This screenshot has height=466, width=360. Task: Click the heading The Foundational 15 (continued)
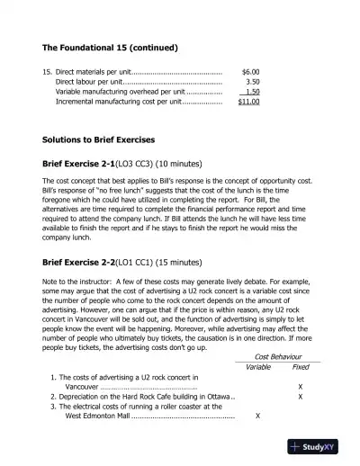(x=109, y=47)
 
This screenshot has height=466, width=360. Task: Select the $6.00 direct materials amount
(x=250, y=70)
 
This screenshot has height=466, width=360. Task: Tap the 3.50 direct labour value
(x=252, y=81)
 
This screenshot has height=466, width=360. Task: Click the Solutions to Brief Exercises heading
(x=99, y=140)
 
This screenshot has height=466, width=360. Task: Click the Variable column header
(x=258, y=366)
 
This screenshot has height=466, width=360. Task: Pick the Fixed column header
(x=301, y=366)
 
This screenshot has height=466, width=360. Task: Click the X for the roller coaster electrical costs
(x=258, y=417)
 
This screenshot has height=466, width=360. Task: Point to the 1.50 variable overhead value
(x=252, y=91)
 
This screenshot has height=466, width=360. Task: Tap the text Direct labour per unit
(x=93, y=81)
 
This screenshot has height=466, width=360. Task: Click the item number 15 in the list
(x=47, y=70)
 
